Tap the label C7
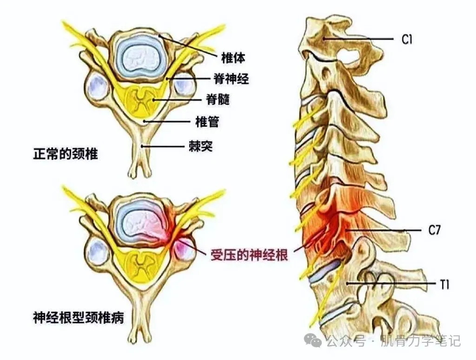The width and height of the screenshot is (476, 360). [x=434, y=229]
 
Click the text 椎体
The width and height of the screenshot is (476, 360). [x=233, y=57]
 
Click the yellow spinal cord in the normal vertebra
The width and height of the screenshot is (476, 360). [x=139, y=99]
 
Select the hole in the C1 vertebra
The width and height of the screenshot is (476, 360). [x=350, y=58]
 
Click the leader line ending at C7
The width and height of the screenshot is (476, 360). [x=386, y=229]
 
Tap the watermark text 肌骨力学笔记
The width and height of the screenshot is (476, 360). [x=420, y=341]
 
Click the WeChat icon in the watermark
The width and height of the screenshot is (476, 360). [x=316, y=341]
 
